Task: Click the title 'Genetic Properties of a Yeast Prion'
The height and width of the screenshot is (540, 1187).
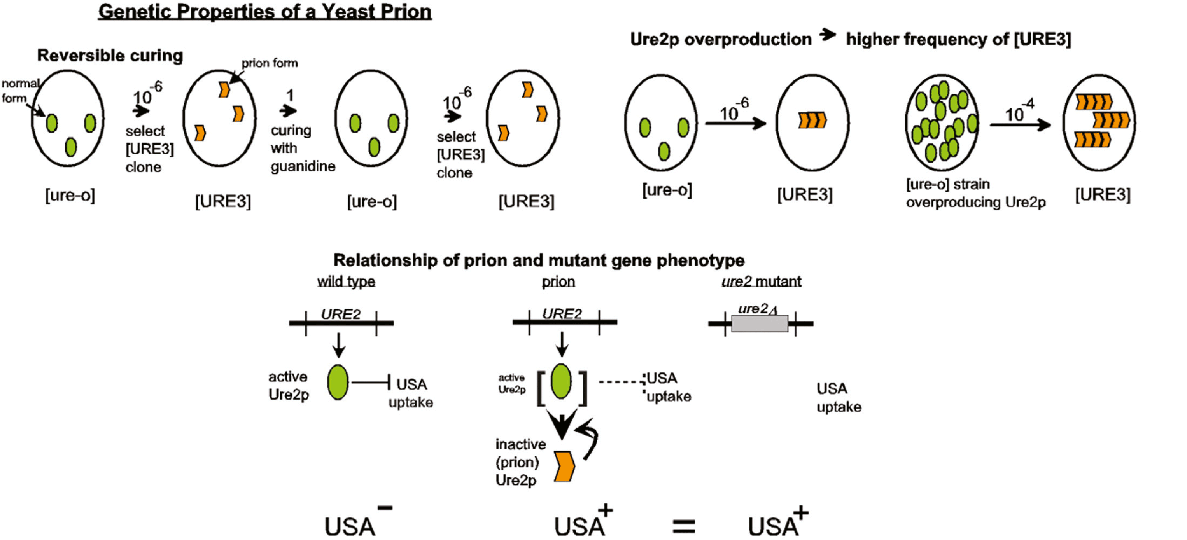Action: click(265, 12)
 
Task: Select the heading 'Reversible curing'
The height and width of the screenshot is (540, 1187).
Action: click(110, 55)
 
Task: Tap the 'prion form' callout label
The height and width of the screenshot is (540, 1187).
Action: click(270, 63)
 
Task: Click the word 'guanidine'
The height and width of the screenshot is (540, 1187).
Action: click(303, 166)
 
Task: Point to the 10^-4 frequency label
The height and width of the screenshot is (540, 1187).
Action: click(1019, 110)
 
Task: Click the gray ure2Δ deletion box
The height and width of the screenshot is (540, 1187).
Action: click(760, 323)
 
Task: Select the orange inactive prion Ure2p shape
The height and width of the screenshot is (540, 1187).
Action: click(564, 466)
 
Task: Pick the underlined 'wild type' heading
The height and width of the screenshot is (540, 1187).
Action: click(346, 281)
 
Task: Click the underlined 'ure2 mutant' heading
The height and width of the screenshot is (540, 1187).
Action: click(761, 281)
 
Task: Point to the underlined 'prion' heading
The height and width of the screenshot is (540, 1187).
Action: click(558, 281)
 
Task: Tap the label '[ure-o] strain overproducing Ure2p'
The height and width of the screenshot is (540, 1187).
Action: click(975, 193)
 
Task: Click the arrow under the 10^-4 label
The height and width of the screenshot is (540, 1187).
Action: click(1020, 125)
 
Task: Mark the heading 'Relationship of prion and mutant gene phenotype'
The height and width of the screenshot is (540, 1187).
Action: click(539, 260)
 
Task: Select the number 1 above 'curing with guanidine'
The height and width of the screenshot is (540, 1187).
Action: click(289, 95)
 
